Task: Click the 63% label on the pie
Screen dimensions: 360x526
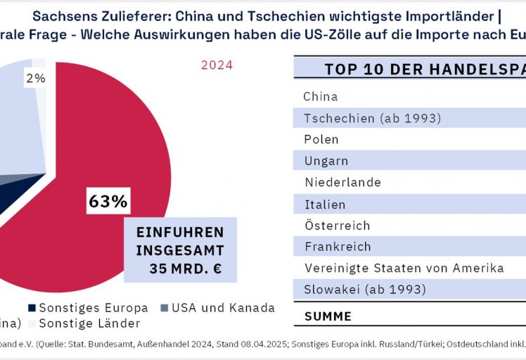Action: coord(108,202)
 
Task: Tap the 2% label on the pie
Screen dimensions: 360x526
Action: coord(36,79)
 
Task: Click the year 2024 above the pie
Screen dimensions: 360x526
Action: coord(217,65)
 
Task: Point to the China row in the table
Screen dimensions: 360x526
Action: coord(321,97)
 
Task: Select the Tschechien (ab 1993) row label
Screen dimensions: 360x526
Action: coord(372,118)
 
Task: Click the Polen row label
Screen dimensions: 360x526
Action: coord(321,139)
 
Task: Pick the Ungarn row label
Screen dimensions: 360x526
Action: coord(326,161)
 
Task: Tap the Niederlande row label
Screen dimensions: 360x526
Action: coord(342,182)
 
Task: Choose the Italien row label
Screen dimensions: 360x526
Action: coord(325,205)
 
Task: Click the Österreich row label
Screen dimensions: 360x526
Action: coord(337,226)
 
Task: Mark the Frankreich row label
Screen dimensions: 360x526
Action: coord(337,247)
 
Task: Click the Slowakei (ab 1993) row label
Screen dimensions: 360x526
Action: coord(365,290)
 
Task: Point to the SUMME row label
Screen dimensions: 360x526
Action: coord(328,316)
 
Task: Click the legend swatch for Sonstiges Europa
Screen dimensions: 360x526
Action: coord(32,308)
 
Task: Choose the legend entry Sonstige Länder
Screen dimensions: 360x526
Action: coord(89,323)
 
